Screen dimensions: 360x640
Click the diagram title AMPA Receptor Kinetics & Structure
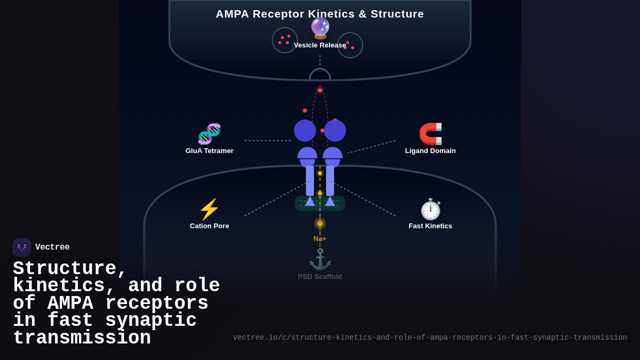click(319, 14)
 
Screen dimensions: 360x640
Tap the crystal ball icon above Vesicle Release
click(320, 28)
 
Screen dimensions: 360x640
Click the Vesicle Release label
click(319, 45)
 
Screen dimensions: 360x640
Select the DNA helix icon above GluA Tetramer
click(209, 134)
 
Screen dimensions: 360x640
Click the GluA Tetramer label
click(209, 151)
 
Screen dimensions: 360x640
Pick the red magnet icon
click(430, 134)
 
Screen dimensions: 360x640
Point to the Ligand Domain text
click(430, 151)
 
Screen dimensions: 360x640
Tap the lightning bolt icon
click(209, 209)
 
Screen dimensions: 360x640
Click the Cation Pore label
click(209, 226)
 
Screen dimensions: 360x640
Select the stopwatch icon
click(430, 209)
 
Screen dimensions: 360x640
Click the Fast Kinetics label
click(430, 226)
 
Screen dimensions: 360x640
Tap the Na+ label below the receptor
click(319, 239)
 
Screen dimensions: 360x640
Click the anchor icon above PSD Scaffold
click(320, 259)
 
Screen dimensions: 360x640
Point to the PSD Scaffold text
click(319, 277)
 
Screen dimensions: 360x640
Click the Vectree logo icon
click(22, 247)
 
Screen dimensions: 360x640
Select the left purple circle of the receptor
click(305, 131)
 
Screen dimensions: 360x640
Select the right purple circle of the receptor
click(335, 131)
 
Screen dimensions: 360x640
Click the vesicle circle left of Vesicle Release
click(285, 40)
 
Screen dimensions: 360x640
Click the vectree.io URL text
click(429, 338)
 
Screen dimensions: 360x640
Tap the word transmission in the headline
click(82, 339)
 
